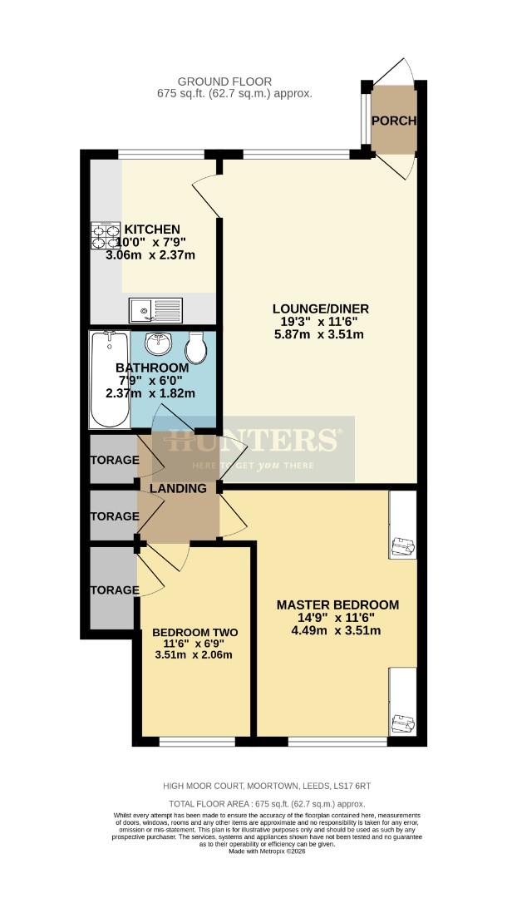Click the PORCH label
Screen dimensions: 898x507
pyautogui.click(x=394, y=121)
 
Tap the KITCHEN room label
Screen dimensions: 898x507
pyautogui.click(x=152, y=229)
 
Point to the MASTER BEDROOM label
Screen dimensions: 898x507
pyautogui.click(x=337, y=604)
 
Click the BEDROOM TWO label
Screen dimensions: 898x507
pyautogui.click(x=194, y=632)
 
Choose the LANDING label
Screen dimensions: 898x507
pyautogui.click(x=178, y=489)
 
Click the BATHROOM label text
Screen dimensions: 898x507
pyautogui.click(x=152, y=368)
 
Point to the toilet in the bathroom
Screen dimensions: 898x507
pyautogui.click(x=197, y=348)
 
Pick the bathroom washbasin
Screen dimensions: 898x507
pyautogui.click(x=157, y=343)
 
